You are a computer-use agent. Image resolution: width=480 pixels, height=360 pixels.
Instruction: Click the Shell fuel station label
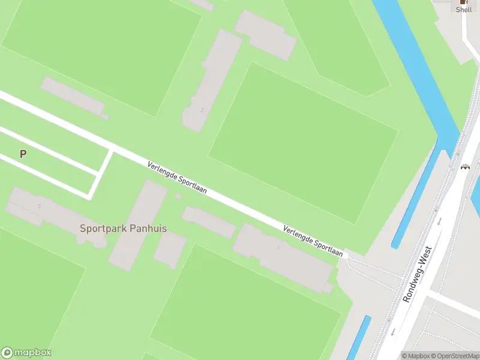point(464,10)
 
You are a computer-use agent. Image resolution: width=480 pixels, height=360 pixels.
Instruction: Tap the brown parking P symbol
point(23,154)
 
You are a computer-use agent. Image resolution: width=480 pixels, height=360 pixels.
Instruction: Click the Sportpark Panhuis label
point(124,229)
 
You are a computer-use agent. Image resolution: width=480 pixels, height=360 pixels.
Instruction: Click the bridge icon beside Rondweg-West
point(464,166)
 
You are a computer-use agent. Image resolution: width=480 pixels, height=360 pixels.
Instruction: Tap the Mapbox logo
point(26,353)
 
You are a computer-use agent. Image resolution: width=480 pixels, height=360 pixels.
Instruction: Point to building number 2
point(202,110)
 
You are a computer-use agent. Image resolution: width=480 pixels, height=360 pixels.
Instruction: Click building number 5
point(40,206)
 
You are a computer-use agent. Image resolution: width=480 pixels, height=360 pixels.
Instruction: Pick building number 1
point(278,247)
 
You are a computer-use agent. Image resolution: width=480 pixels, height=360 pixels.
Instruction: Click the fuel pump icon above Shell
point(464,2)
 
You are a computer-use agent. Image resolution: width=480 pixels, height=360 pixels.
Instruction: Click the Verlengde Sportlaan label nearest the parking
point(177,178)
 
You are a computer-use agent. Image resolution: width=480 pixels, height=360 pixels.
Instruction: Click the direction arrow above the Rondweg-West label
point(439,221)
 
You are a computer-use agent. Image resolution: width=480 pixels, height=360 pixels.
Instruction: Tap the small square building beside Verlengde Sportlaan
point(178,196)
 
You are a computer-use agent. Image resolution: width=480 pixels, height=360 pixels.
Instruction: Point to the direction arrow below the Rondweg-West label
point(392,331)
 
